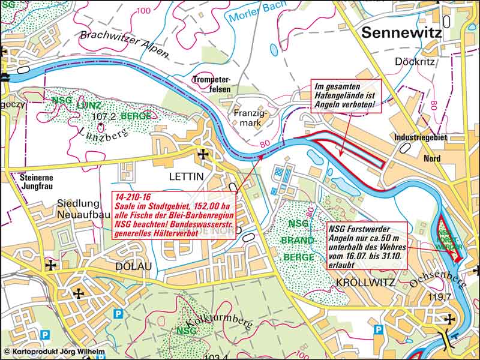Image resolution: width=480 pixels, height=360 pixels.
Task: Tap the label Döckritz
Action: coord(412,61)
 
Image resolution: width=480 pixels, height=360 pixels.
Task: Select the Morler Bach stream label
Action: coord(253,12)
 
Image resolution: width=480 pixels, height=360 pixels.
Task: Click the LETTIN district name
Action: coord(187,176)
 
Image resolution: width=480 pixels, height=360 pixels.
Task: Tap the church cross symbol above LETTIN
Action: coord(203,155)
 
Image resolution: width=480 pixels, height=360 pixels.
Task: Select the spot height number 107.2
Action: coord(103,116)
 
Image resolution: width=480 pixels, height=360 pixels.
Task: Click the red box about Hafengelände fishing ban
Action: coord(345,96)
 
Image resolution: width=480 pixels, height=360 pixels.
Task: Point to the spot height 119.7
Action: coord(455,296)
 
